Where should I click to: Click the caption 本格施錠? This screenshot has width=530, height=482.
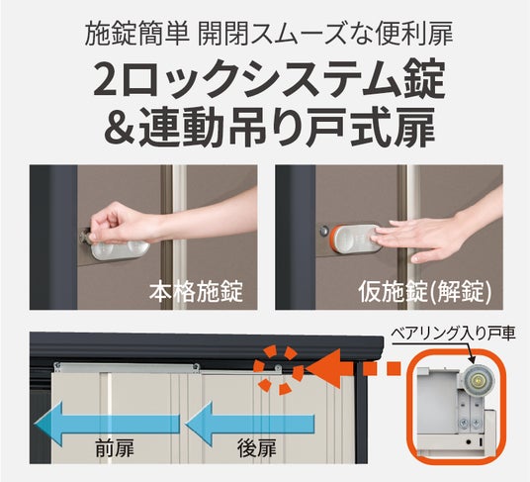196,292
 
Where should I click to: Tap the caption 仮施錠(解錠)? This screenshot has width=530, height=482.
425,292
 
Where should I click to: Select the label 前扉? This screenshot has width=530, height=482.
115,447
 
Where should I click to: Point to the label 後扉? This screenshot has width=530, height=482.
257,447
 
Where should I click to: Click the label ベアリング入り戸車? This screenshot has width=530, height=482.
453,334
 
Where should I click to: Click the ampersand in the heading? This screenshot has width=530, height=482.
118,128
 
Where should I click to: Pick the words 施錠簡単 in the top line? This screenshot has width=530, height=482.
136,34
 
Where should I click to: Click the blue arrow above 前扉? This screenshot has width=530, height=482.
107,424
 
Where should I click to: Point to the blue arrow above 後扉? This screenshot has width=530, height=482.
249,424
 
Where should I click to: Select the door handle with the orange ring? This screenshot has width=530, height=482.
356,239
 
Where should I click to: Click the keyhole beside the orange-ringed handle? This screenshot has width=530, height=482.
324,232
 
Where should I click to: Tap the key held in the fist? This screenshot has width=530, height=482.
85,236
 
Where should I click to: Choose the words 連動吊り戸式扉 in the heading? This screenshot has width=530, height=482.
288,128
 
